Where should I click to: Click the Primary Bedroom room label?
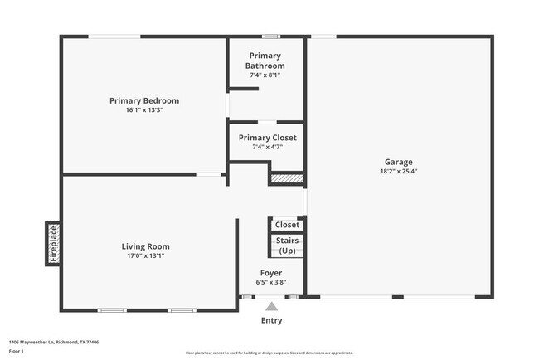tap(144, 100)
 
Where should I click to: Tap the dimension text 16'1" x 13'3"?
tap(144, 110)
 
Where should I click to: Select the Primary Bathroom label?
tap(265, 61)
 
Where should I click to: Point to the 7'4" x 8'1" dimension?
tap(265, 75)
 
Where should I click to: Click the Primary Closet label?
tap(267, 138)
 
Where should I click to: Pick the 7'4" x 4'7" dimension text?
tap(267, 148)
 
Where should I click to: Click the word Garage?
tap(398, 162)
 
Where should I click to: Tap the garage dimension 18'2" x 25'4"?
tap(398, 172)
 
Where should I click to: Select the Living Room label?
tap(146, 246)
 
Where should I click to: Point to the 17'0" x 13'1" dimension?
tap(146, 255)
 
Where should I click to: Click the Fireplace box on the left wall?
tap(53, 244)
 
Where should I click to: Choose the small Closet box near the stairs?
tap(287, 224)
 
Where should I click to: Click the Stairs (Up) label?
tap(287, 246)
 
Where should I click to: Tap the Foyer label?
tap(271, 273)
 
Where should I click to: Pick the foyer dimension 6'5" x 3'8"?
tap(271, 282)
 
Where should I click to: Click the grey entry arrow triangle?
tap(271, 307)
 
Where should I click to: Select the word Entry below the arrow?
tap(271, 320)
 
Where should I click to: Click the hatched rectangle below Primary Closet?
tap(288, 178)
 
